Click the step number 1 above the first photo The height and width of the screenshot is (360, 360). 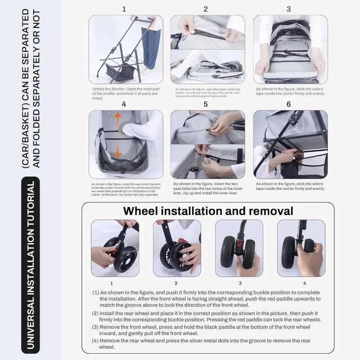[124, 9]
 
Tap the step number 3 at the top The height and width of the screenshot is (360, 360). [288, 9]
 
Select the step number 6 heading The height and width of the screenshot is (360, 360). [288, 104]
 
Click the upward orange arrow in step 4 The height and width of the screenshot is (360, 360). [117, 120]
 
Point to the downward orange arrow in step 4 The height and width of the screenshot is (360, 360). [117, 150]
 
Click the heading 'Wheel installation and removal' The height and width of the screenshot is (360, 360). [208, 211]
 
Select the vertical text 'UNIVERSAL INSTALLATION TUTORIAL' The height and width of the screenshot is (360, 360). [31, 265]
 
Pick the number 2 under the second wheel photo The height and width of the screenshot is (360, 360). [176, 283]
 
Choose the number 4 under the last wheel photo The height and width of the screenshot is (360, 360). [305, 283]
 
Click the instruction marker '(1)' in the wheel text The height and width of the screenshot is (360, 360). [95, 292]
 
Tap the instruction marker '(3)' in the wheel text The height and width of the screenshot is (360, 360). [95, 327]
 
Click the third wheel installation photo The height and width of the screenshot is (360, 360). [239, 248]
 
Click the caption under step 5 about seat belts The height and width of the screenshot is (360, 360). [207, 188]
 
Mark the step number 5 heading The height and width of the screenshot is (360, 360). [206, 104]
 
